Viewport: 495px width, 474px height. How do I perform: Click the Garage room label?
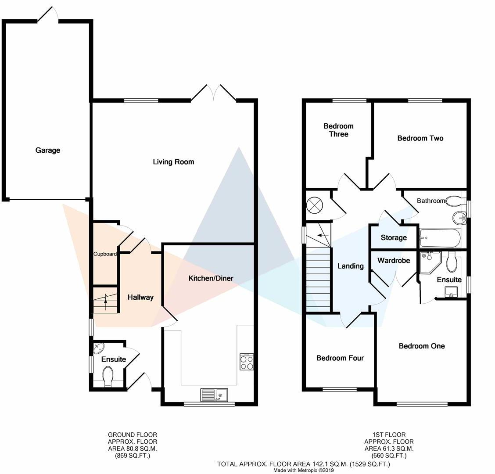click(48, 150)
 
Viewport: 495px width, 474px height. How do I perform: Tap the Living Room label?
click(173, 162)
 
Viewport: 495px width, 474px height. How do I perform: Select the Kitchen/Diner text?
click(211, 278)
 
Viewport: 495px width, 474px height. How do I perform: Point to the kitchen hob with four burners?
click(247, 362)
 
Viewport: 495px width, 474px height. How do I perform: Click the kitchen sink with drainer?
click(214, 395)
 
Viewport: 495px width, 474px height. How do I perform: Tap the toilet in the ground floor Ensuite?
click(108, 376)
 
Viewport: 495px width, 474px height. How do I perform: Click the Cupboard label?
click(105, 254)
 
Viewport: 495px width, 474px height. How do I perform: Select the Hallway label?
click(140, 297)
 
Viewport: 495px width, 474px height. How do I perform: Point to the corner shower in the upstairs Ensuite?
click(430, 262)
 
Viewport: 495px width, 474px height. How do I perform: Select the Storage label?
click(394, 237)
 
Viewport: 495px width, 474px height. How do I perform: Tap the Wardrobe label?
click(394, 261)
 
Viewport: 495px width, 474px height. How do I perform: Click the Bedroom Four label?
click(340, 358)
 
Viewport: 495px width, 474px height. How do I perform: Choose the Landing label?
click(351, 266)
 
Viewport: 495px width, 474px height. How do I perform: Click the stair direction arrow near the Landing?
click(323, 235)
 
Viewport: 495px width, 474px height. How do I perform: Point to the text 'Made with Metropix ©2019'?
click(303, 470)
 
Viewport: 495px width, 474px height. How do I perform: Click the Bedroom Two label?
click(420, 138)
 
